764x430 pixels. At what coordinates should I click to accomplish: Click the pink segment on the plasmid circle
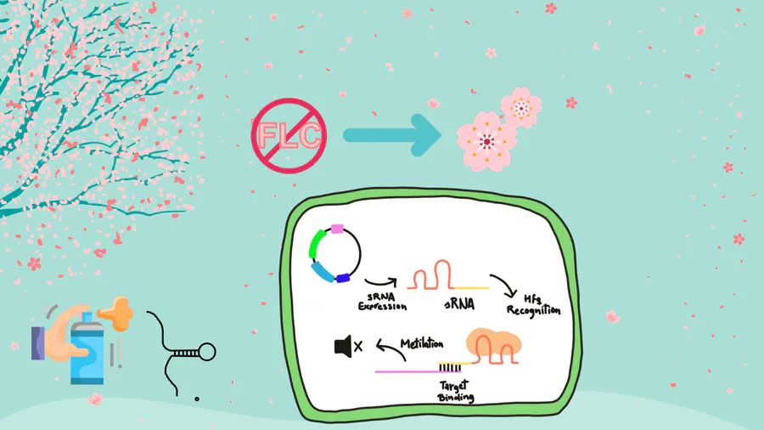pos(337,228)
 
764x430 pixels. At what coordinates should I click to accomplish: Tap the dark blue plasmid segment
pos(343,278)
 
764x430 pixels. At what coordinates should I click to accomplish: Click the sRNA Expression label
pos(381,302)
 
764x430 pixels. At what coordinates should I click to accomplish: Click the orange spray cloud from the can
pos(116,312)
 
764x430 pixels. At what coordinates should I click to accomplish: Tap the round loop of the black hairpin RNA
pos(207,350)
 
